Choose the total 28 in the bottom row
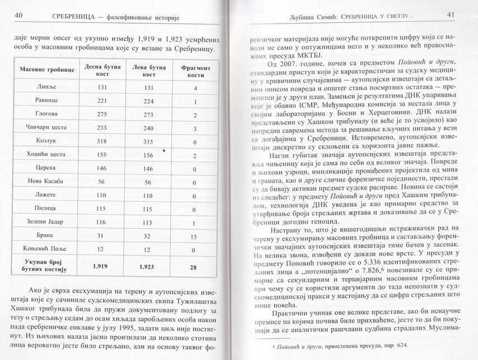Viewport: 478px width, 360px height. tap(193, 267)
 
